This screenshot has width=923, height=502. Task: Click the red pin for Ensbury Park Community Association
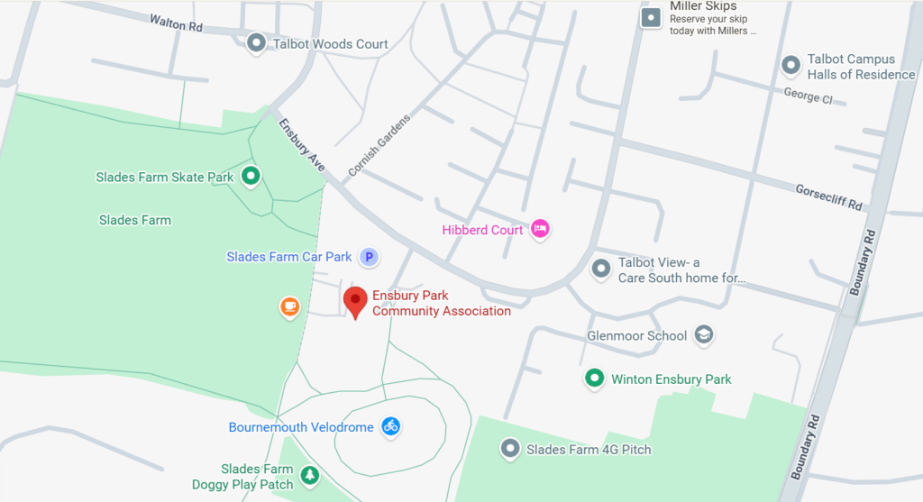[x=356, y=300]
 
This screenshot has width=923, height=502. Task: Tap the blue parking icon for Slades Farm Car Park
[x=368, y=258]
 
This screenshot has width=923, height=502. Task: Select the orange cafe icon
[x=289, y=307]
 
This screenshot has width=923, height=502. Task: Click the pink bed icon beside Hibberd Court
[x=540, y=229]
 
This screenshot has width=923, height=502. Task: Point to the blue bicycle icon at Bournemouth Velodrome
[x=390, y=426]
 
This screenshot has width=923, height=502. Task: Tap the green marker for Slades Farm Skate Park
[x=251, y=177]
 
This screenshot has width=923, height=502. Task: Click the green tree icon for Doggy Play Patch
[x=310, y=475]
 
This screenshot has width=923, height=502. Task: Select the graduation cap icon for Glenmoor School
[x=704, y=335]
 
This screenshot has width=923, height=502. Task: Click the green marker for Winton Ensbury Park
[x=594, y=379]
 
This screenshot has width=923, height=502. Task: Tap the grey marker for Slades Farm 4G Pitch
[x=510, y=448]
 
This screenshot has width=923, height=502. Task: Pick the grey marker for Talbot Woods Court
[x=257, y=42]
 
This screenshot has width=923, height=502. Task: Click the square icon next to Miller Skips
[x=650, y=18]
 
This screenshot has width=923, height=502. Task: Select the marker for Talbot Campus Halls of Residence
[x=790, y=65]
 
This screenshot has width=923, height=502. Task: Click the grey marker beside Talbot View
[x=601, y=268]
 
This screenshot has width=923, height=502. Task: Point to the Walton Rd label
[x=176, y=22]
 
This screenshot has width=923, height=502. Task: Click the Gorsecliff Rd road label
[x=828, y=197]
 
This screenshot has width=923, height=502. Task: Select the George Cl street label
[x=808, y=96]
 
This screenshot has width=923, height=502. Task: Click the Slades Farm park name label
[x=135, y=220]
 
